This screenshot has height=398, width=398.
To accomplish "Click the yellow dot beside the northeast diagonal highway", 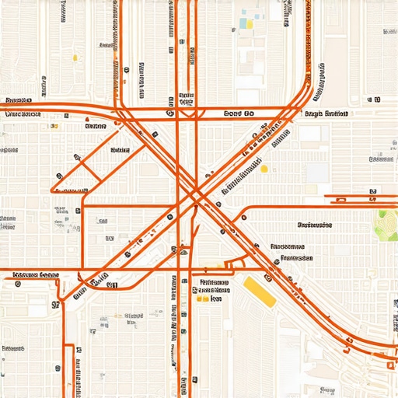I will tap(264, 168).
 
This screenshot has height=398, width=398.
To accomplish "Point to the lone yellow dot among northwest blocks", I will tap(75, 57).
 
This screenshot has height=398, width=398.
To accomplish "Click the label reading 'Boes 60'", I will tap(239, 113).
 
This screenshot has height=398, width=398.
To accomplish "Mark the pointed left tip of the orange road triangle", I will tap(52, 190).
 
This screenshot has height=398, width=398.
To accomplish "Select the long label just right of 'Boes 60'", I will tap(326, 113).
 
